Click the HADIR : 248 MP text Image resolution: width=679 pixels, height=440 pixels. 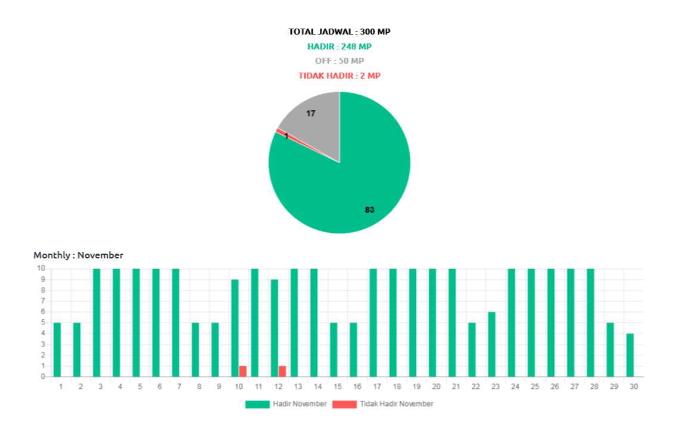(339, 46)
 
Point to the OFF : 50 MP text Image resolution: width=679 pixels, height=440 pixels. (339, 61)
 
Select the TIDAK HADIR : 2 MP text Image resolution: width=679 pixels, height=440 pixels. (339, 76)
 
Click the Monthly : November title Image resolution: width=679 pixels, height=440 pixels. (79, 255)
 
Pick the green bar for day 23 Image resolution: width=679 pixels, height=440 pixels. (491, 344)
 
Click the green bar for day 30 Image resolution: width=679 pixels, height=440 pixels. (630, 355)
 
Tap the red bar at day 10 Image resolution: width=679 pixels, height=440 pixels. (243, 371)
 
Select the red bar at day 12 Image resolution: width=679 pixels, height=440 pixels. (282, 371)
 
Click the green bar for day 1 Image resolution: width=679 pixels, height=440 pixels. (57, 349)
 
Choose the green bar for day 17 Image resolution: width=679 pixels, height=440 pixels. (373, 323)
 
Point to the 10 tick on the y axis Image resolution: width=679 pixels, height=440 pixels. (41, 268)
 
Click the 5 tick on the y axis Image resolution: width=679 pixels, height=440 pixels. (43, 322)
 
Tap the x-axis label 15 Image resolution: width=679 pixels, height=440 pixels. (338, 386)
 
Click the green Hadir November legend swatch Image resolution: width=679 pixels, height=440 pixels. (257, 404)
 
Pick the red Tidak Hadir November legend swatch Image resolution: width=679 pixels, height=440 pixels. (344, 404)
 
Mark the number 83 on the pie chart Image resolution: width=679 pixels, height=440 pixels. (369, 210)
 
